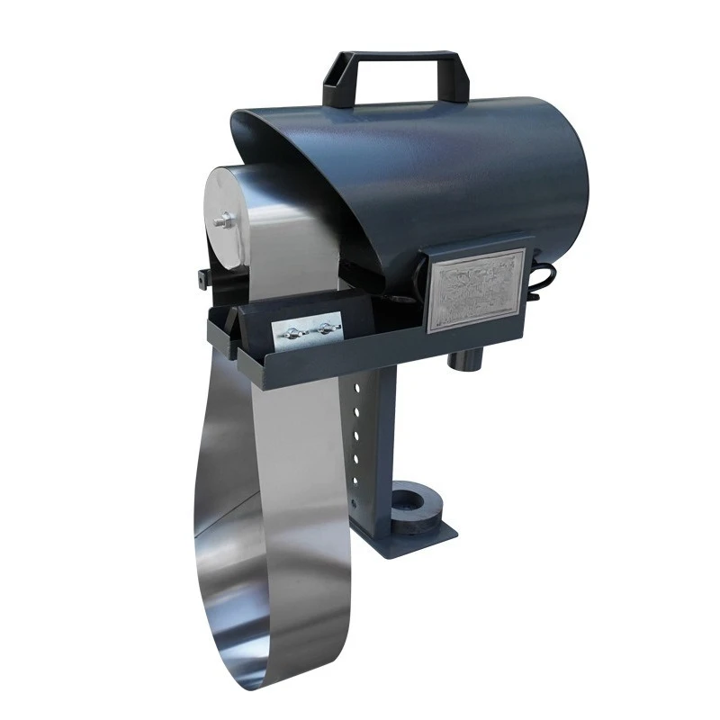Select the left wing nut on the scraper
tap(293, 333)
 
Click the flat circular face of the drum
tap(232, 216)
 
